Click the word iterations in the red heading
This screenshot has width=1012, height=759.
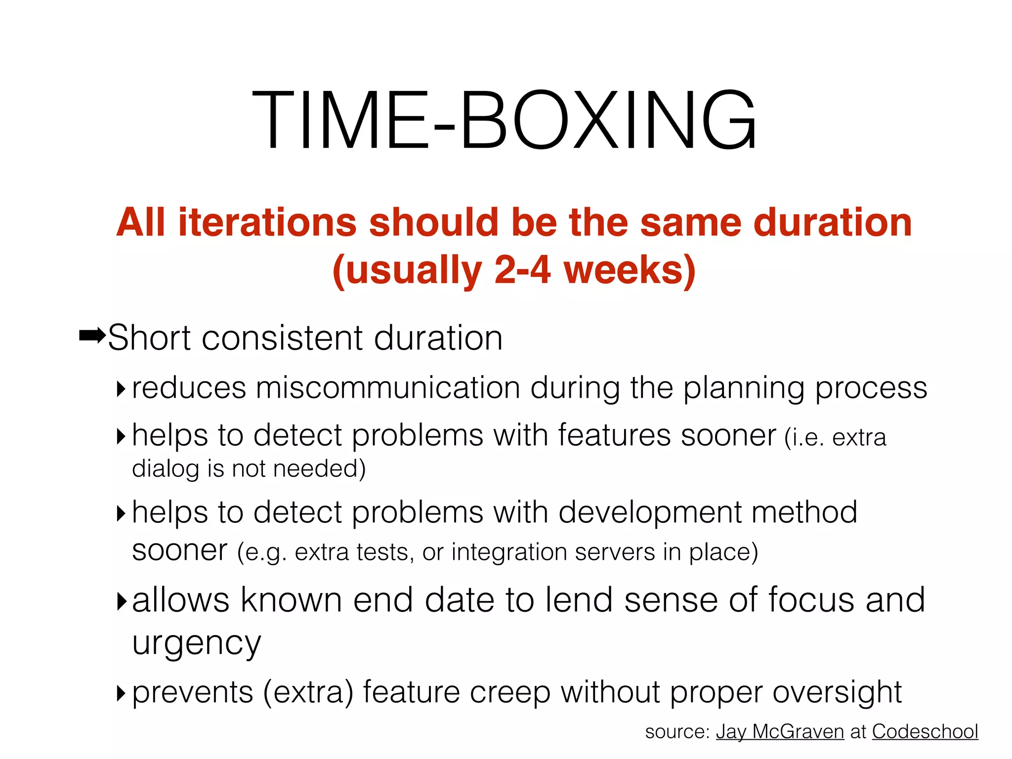267,222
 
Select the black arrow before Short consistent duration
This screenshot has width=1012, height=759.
92,337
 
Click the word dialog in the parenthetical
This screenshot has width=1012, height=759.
165,469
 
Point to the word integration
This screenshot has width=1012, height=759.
509,552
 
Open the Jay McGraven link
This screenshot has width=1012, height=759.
780,732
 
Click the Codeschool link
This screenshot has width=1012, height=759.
925,732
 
